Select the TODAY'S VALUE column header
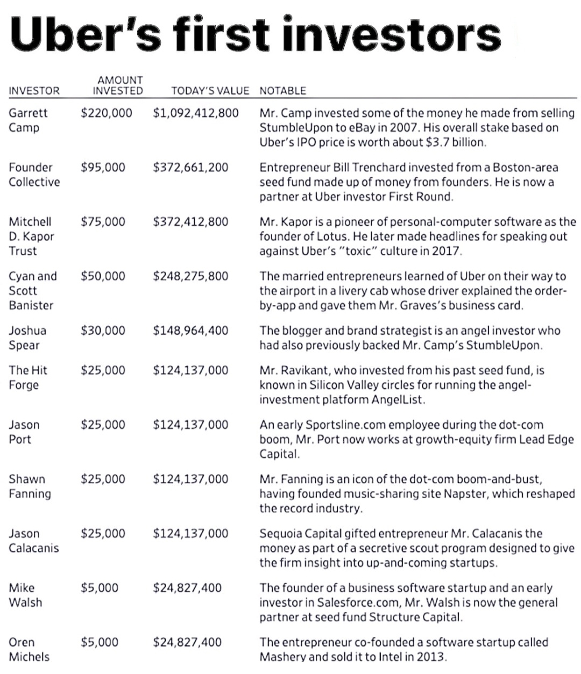(x=210, y=91)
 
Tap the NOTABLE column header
(x=282, y=91)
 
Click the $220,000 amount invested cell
(x=106, y=113)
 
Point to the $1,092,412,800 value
(x=196, y=113)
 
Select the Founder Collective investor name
(x=34, y=175)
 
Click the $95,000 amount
(x=103, y=167)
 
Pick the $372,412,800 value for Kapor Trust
(x=190, y=222)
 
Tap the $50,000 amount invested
(x=103, y=276)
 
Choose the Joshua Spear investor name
(x=27, y=338)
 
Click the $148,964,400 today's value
(x=190, y=330)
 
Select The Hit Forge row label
(x=27, y=378)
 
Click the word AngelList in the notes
(x=398, y=400)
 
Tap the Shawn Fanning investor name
(x=30, y=486)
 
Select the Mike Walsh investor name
(x=25, y=595)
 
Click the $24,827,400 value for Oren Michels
(x=187, y=642)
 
